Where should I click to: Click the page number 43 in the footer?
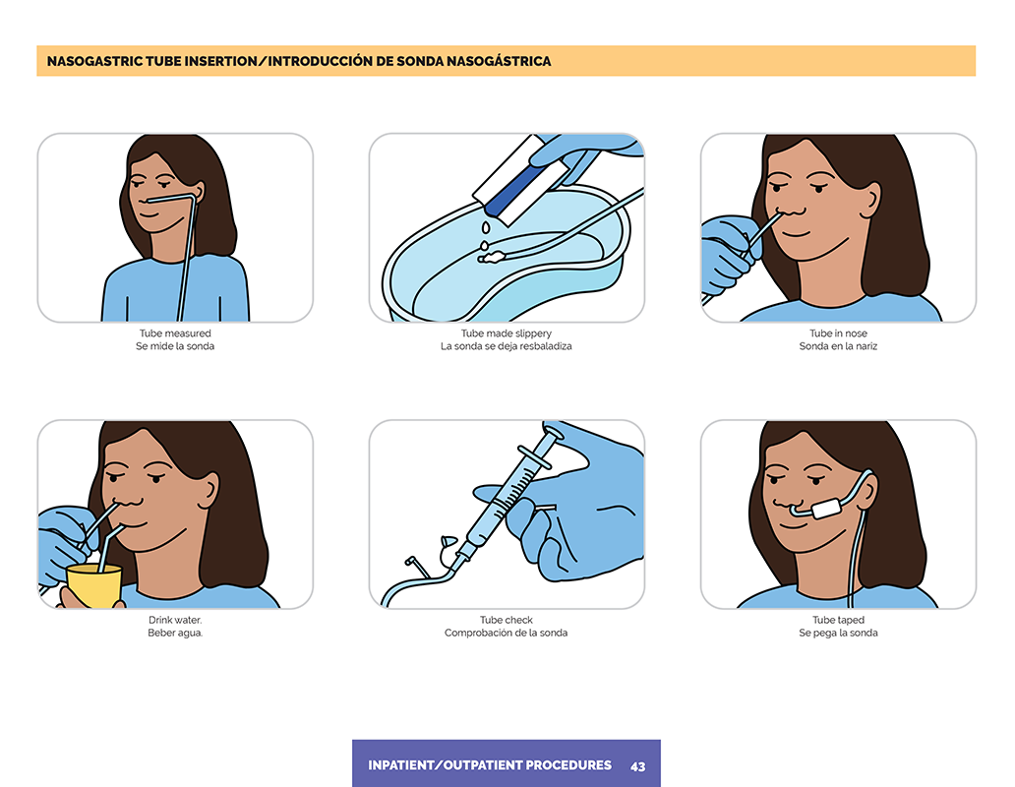click(637, 766)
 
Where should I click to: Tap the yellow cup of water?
click(94, 585)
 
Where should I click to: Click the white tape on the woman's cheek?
click(826, 508)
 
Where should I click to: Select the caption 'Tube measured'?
click(175, 333)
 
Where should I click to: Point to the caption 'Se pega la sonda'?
click(838, 633)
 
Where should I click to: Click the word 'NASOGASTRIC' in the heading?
click(95, 61)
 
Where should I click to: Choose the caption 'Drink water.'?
click(175, 620)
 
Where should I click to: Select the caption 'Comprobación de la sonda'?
click(507, 633)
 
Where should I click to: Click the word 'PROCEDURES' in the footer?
click(568, 765)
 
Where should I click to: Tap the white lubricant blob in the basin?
click(492, 257)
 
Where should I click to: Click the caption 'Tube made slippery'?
click(507, 333)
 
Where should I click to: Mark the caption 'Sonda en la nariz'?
click(838, 346)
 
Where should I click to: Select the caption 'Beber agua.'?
click(175, 633)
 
